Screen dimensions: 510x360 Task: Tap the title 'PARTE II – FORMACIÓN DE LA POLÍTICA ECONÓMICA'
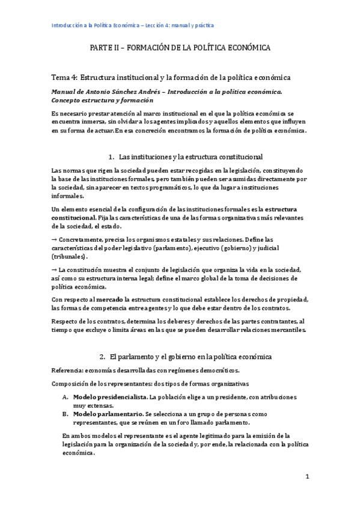click(180, 47)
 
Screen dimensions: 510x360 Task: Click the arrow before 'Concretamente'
click(54, 239)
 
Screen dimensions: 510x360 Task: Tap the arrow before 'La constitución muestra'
click(54, 269)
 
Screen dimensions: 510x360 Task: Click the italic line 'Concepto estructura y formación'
click(101, 100)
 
